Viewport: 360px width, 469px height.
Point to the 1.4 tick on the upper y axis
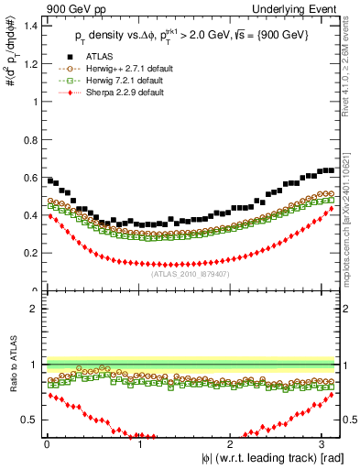pyautogui.click(x=31, y=26)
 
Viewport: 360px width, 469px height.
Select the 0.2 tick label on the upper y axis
pyautogui.click(x=31, y=254)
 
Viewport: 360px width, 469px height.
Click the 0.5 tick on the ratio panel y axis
pyautogui.click(x=31, y=420)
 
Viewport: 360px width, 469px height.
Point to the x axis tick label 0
pyautogui.click(x=46, y=442)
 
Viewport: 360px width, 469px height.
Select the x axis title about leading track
pyautogui.click(x=261, y=458)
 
